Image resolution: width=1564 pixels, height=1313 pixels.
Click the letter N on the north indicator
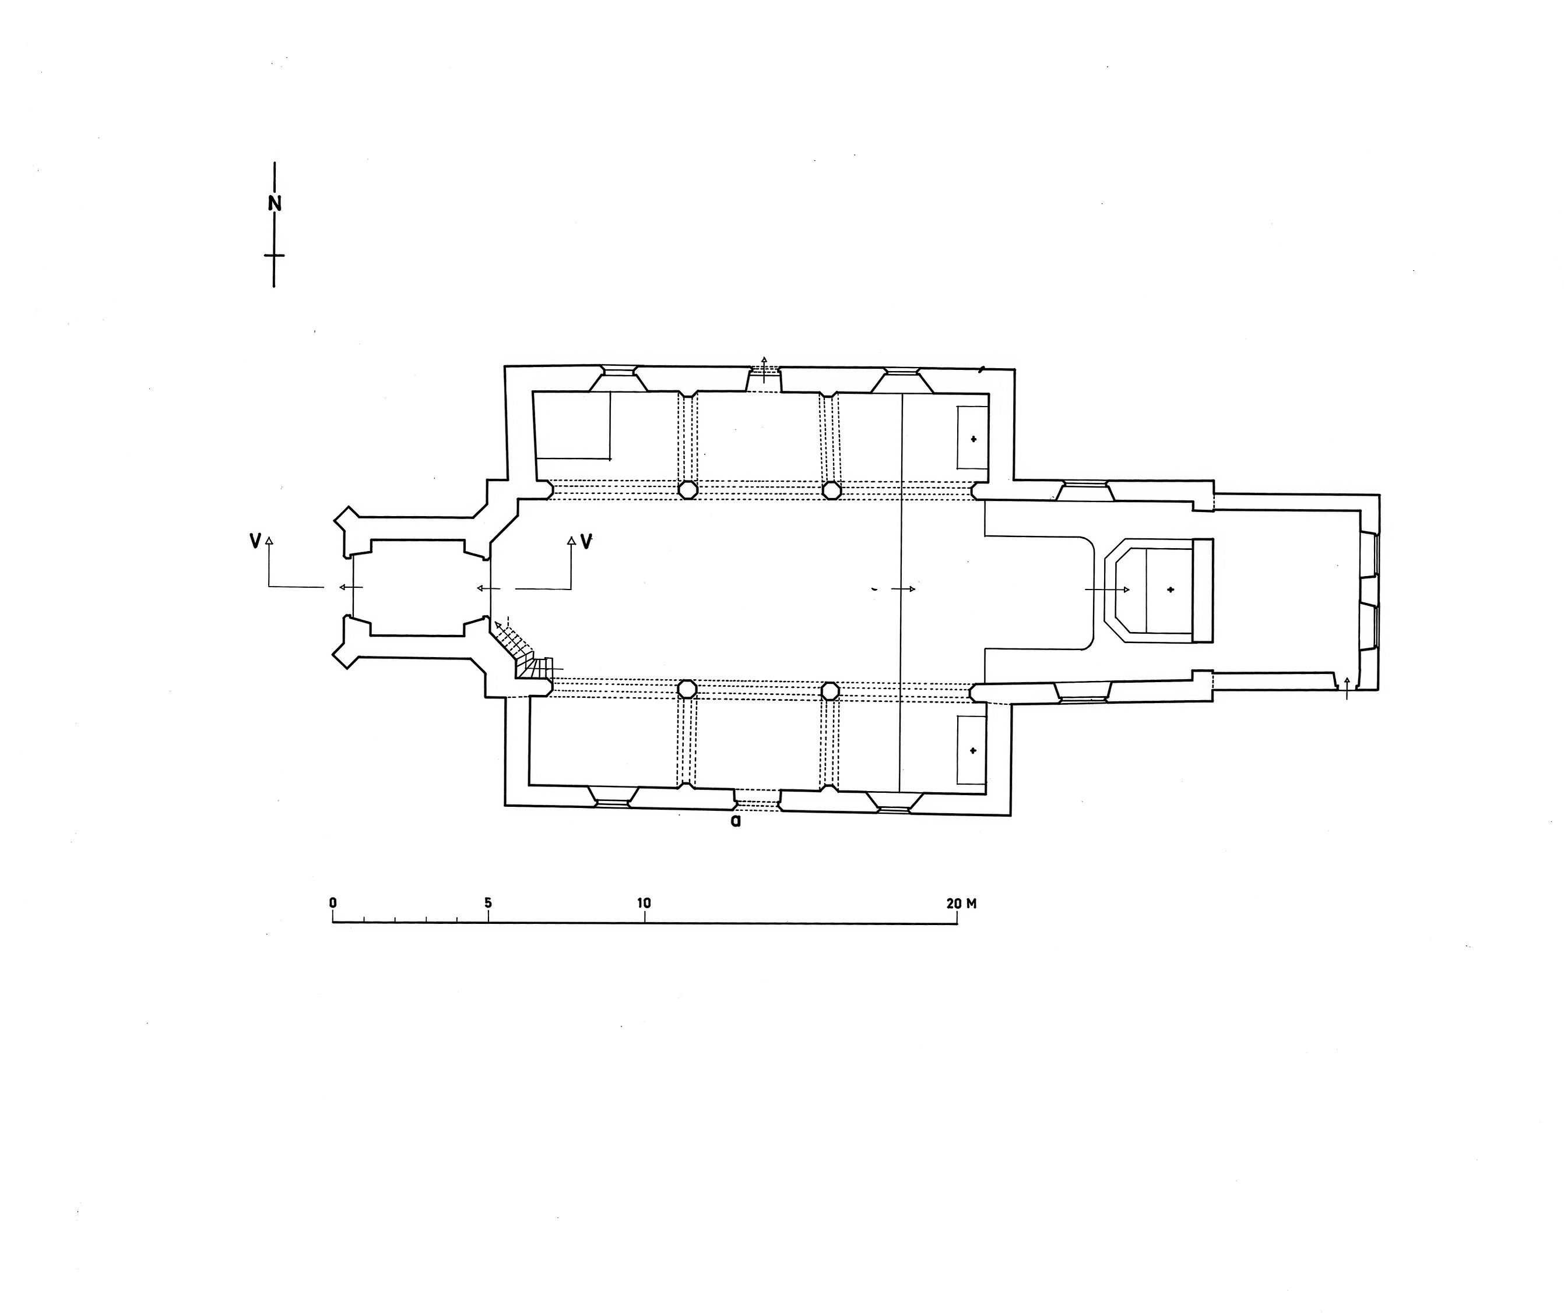click(x=275, y=203)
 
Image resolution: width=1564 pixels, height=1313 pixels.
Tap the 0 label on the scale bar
click(x=333, y=903)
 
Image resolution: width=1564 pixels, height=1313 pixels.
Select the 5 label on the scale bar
click(x=488, y=903)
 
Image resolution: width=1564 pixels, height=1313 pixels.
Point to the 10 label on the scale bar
click(x=644, y=903)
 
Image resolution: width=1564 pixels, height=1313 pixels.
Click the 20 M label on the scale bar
click(x=961, y=903)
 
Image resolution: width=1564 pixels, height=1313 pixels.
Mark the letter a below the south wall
click(x=736, y=823)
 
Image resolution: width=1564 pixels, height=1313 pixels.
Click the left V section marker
click(x=255, y=542)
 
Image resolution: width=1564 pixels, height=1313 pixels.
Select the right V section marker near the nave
click(x=586, y=542)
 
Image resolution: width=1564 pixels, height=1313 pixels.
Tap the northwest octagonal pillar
click(x=687, y=489)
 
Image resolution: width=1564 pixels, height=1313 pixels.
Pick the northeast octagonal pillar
click(x=831, y=489)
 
